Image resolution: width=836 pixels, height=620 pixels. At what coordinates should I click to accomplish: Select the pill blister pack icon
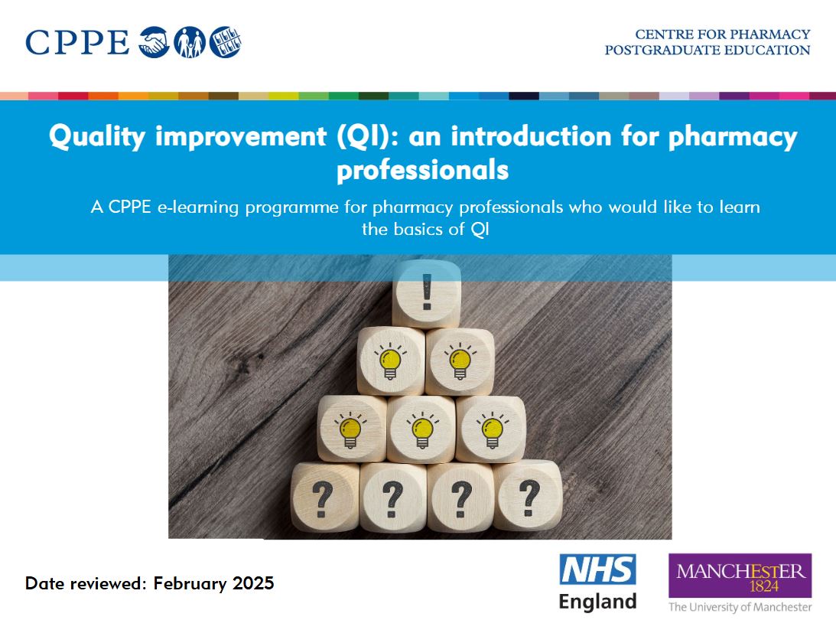[x=225, y=41]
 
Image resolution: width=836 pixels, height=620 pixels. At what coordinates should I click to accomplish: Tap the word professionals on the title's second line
[x=422, y=169]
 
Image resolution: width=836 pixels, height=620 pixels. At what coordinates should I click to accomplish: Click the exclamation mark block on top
[x=426, y=294]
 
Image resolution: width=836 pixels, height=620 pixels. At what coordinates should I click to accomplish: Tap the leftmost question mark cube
[x=324, y=498]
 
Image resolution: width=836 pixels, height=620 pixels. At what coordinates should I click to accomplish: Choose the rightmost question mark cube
[x=527, y=496]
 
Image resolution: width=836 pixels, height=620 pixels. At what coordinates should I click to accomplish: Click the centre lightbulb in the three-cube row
[x=421, y=429]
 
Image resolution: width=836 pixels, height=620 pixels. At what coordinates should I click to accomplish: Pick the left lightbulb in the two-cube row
[x=390, y=361]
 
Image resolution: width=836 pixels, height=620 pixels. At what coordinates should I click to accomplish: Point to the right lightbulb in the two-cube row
[x=459, y=361]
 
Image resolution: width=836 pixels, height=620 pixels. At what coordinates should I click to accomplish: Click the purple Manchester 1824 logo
[x=740, y=576]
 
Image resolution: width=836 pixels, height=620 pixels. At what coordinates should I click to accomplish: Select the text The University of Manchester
[x=740, y=607]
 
